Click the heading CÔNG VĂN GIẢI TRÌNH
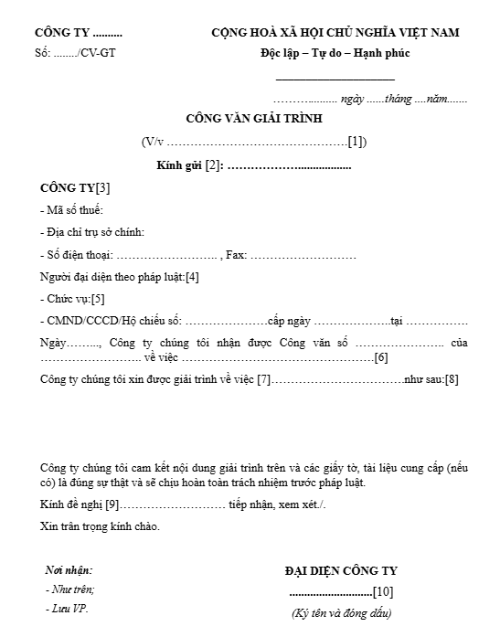(x=254, y=118)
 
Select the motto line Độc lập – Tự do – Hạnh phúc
(x=335, y=52)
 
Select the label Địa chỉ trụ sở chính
(x=95, y=232)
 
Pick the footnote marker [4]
(x=192, y=276)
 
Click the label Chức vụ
(x=69, y=298)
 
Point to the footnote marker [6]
(x=381, y=356)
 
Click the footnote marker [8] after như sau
(x=452, y=378)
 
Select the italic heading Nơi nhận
(x=69, y=569)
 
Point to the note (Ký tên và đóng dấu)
(x=341, y=612)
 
